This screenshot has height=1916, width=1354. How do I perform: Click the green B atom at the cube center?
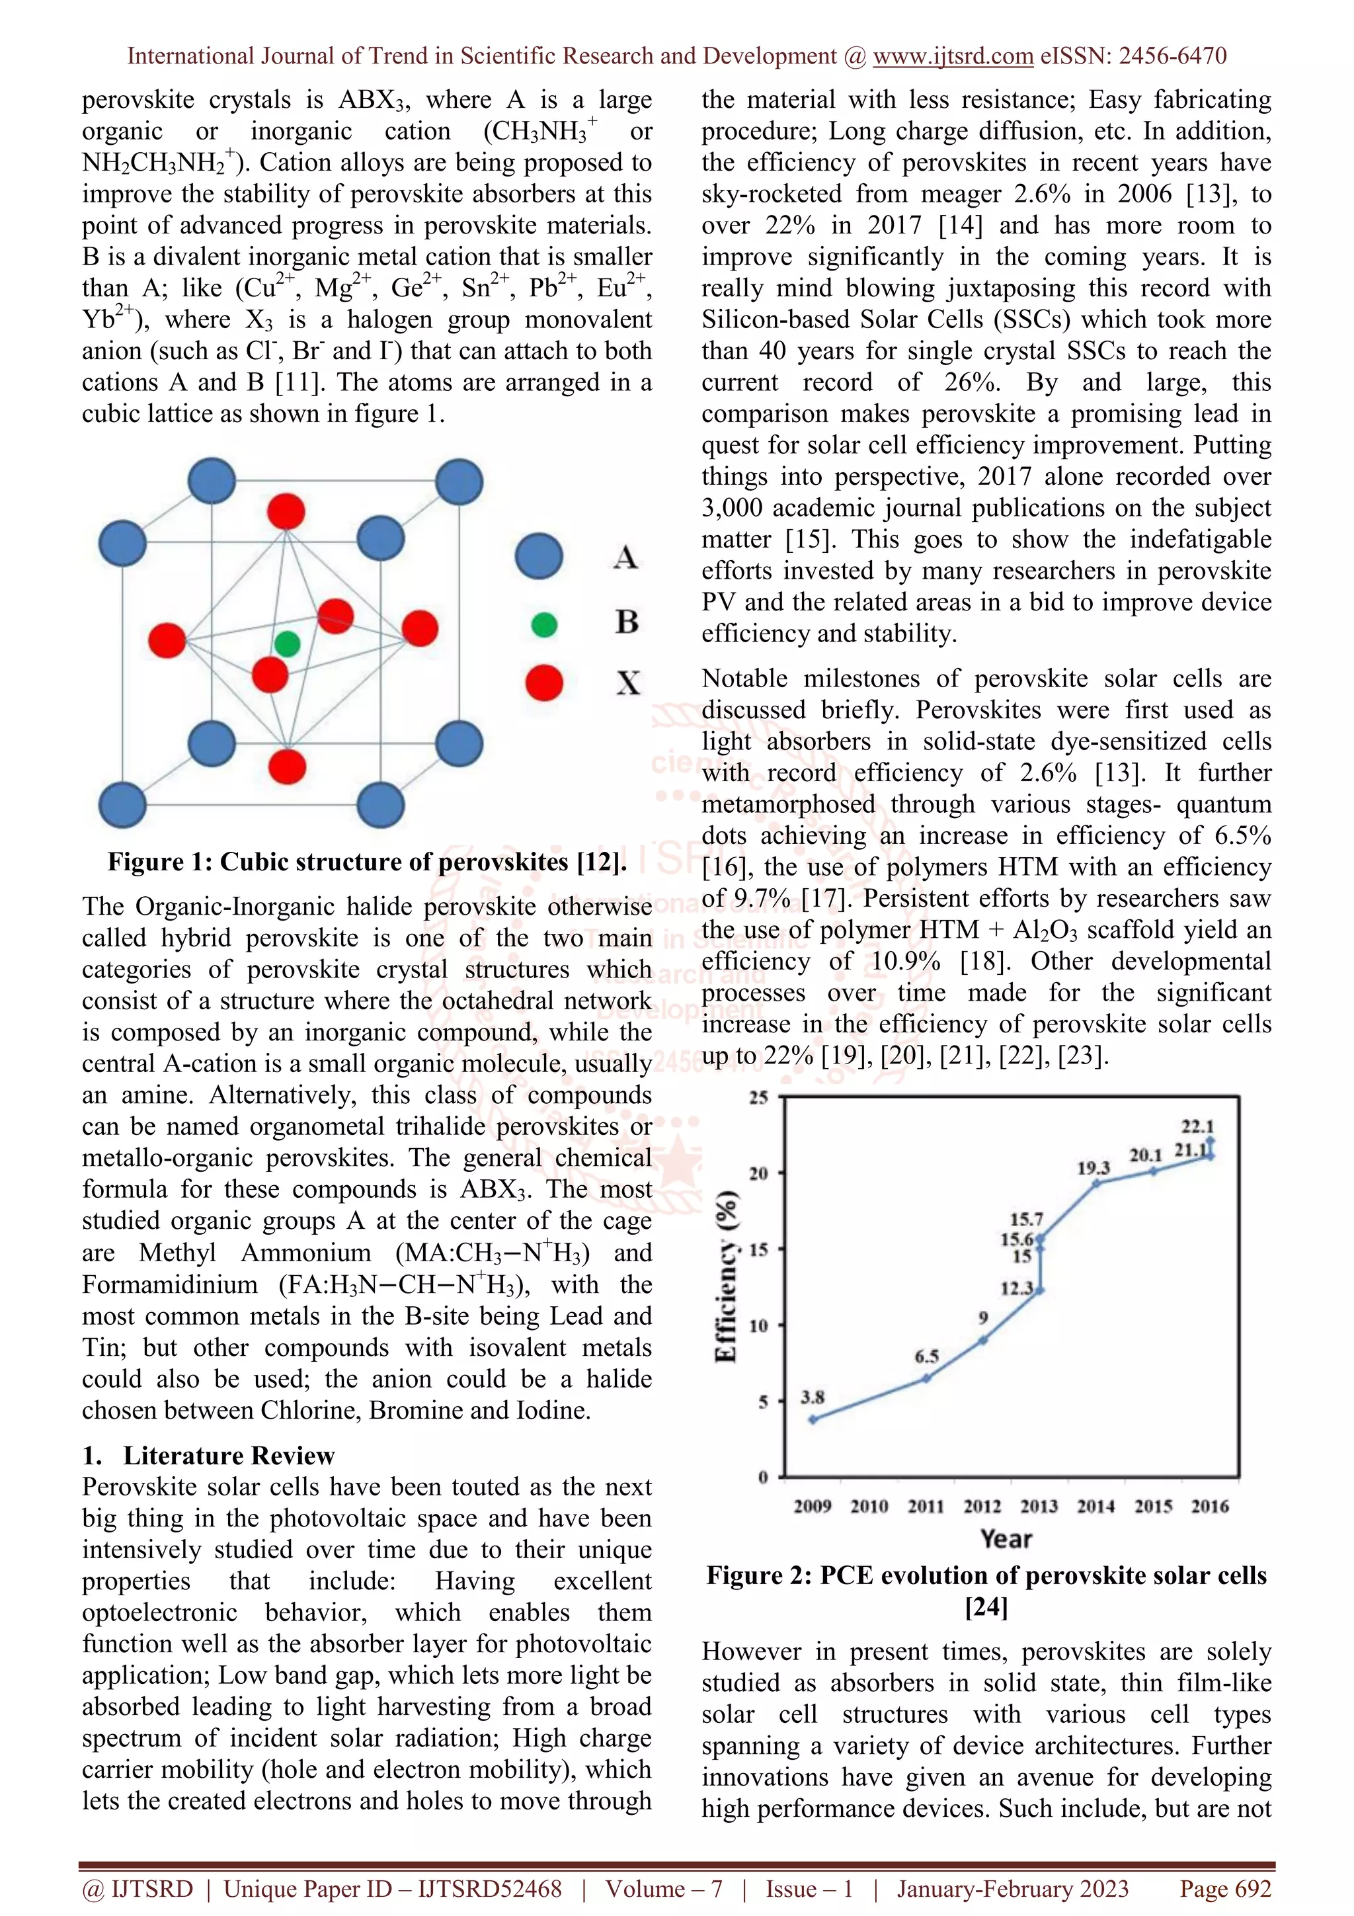(287, 644)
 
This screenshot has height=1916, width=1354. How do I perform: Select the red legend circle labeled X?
(544, 683)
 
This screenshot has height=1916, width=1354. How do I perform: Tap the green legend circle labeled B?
(544, 624)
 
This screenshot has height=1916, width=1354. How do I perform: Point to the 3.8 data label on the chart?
(813, 1397)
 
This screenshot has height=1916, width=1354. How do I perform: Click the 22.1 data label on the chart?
(1197, 1126)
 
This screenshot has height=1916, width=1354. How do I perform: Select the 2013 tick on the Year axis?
(1039, 1506)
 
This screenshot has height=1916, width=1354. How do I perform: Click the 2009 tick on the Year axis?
(813, 1506)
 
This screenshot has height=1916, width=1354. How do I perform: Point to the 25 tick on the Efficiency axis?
(758, 1097)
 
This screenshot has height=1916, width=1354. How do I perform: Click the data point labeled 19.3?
(1096, 1183)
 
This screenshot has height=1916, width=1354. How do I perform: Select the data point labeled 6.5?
(926, 1378)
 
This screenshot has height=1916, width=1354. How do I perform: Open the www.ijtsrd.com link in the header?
(953, 56)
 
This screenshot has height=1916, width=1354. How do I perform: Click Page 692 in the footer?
(1224, 1888)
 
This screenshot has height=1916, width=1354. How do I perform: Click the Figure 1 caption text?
(367, 861)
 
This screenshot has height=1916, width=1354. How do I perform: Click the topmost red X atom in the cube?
(286, 511)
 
